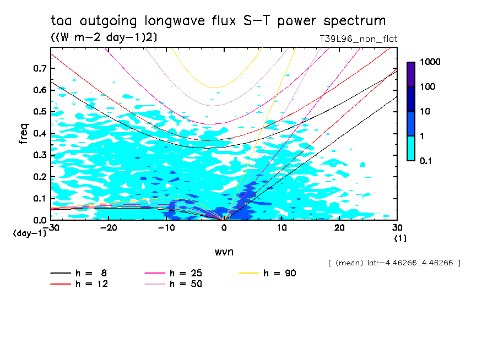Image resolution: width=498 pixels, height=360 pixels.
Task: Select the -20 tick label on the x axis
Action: point(109,228)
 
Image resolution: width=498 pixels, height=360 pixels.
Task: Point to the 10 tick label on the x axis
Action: point(282,228)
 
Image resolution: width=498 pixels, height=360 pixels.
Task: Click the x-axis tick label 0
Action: point(224,228)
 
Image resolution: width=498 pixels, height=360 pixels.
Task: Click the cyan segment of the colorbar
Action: point(411,148)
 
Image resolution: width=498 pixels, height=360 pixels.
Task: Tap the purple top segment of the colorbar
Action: point(411,74)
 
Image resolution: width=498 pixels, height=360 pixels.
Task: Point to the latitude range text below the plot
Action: point(393,263)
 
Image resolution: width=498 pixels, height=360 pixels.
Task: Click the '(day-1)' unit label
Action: point(29,233)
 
